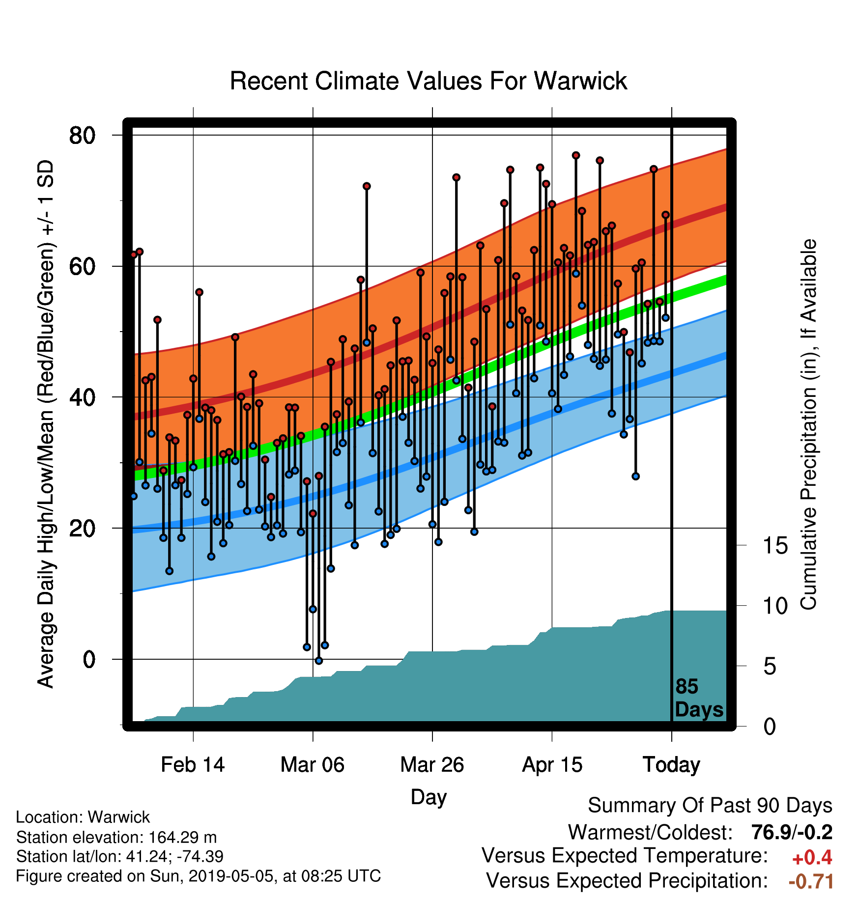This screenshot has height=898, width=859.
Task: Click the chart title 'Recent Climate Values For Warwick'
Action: (x=429, y=81)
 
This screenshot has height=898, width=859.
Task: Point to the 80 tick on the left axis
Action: (x=82, y=135)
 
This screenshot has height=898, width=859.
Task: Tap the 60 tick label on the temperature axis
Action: (x=82, y=266)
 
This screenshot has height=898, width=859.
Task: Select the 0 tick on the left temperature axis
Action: (x=89, y=659)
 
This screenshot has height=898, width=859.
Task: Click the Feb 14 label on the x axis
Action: (x=193, y=765)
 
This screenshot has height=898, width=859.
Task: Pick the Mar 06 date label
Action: (x=313, y=765)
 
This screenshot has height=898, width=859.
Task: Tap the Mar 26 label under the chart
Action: (x=432, y=765)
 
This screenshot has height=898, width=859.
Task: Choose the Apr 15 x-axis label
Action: (x=552, y=765)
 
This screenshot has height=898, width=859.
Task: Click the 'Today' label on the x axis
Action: (x=671, y=765)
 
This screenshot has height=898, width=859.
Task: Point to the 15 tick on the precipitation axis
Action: (x=775, y=545)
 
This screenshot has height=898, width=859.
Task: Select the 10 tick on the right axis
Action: (x=775, y=606)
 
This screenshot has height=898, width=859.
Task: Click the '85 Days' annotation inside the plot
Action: (x=699, y=698)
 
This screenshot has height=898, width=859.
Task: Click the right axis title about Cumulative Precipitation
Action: (x=808, y=424)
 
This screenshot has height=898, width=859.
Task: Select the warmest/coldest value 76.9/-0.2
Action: (x=792, y=832)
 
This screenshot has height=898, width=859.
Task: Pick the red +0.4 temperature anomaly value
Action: (x=812, y=858)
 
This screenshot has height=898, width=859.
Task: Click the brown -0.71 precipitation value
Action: (x=811, y=881)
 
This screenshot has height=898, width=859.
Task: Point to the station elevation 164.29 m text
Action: (x=116, y=837)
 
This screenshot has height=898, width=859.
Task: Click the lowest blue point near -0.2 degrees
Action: (x=318, y=661)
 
